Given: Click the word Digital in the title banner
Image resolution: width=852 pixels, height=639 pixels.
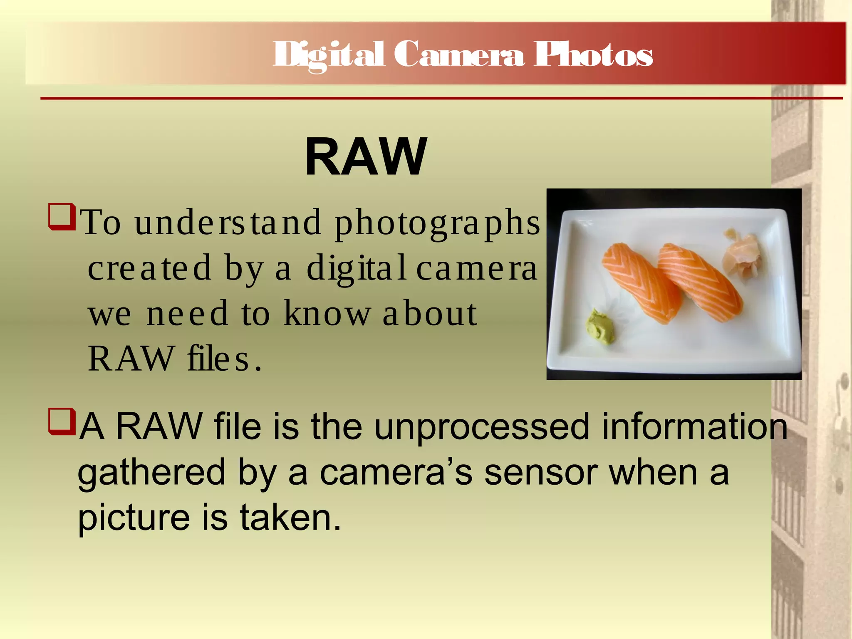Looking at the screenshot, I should click(x=329, y=55).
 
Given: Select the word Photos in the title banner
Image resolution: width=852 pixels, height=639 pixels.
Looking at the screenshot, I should click(x=593, y=55).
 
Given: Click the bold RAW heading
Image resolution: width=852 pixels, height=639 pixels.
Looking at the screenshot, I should click(x=366, y=157).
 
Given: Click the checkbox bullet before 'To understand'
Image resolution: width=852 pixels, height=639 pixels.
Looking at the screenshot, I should click(x=62, y=216).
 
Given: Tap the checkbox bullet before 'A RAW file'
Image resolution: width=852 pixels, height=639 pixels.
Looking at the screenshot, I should click(x=62, y=421).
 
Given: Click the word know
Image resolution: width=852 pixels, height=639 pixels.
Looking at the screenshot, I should click(x=327, y=314).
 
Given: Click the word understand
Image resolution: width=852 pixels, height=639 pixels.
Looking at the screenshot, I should click(x=228, y=223).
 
